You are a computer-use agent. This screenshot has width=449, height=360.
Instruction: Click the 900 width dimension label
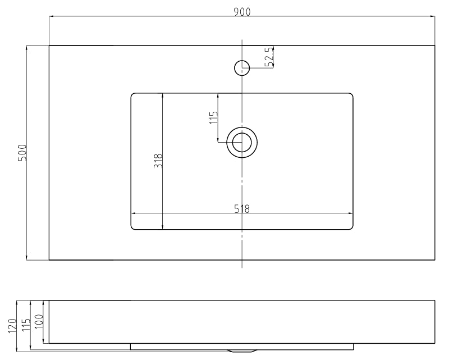click(x=242, y=12)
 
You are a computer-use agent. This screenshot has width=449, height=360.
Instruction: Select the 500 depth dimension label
click(x=22, y=153)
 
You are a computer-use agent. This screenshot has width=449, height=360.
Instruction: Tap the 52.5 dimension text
click(x=269, y=57)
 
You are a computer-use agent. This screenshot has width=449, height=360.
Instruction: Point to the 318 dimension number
click(x=158, y=161)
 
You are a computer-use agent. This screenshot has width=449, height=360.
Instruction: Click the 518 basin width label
click(x=242, y=209)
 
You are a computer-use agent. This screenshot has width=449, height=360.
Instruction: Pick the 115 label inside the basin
click(x=214, y=117)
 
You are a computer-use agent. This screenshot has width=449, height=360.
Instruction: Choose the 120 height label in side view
click(x=12, y=326)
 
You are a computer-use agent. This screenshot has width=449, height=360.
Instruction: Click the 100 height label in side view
click(x=39, y=321)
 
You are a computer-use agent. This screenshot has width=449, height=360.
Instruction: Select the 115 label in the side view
click(x=26, y=324)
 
